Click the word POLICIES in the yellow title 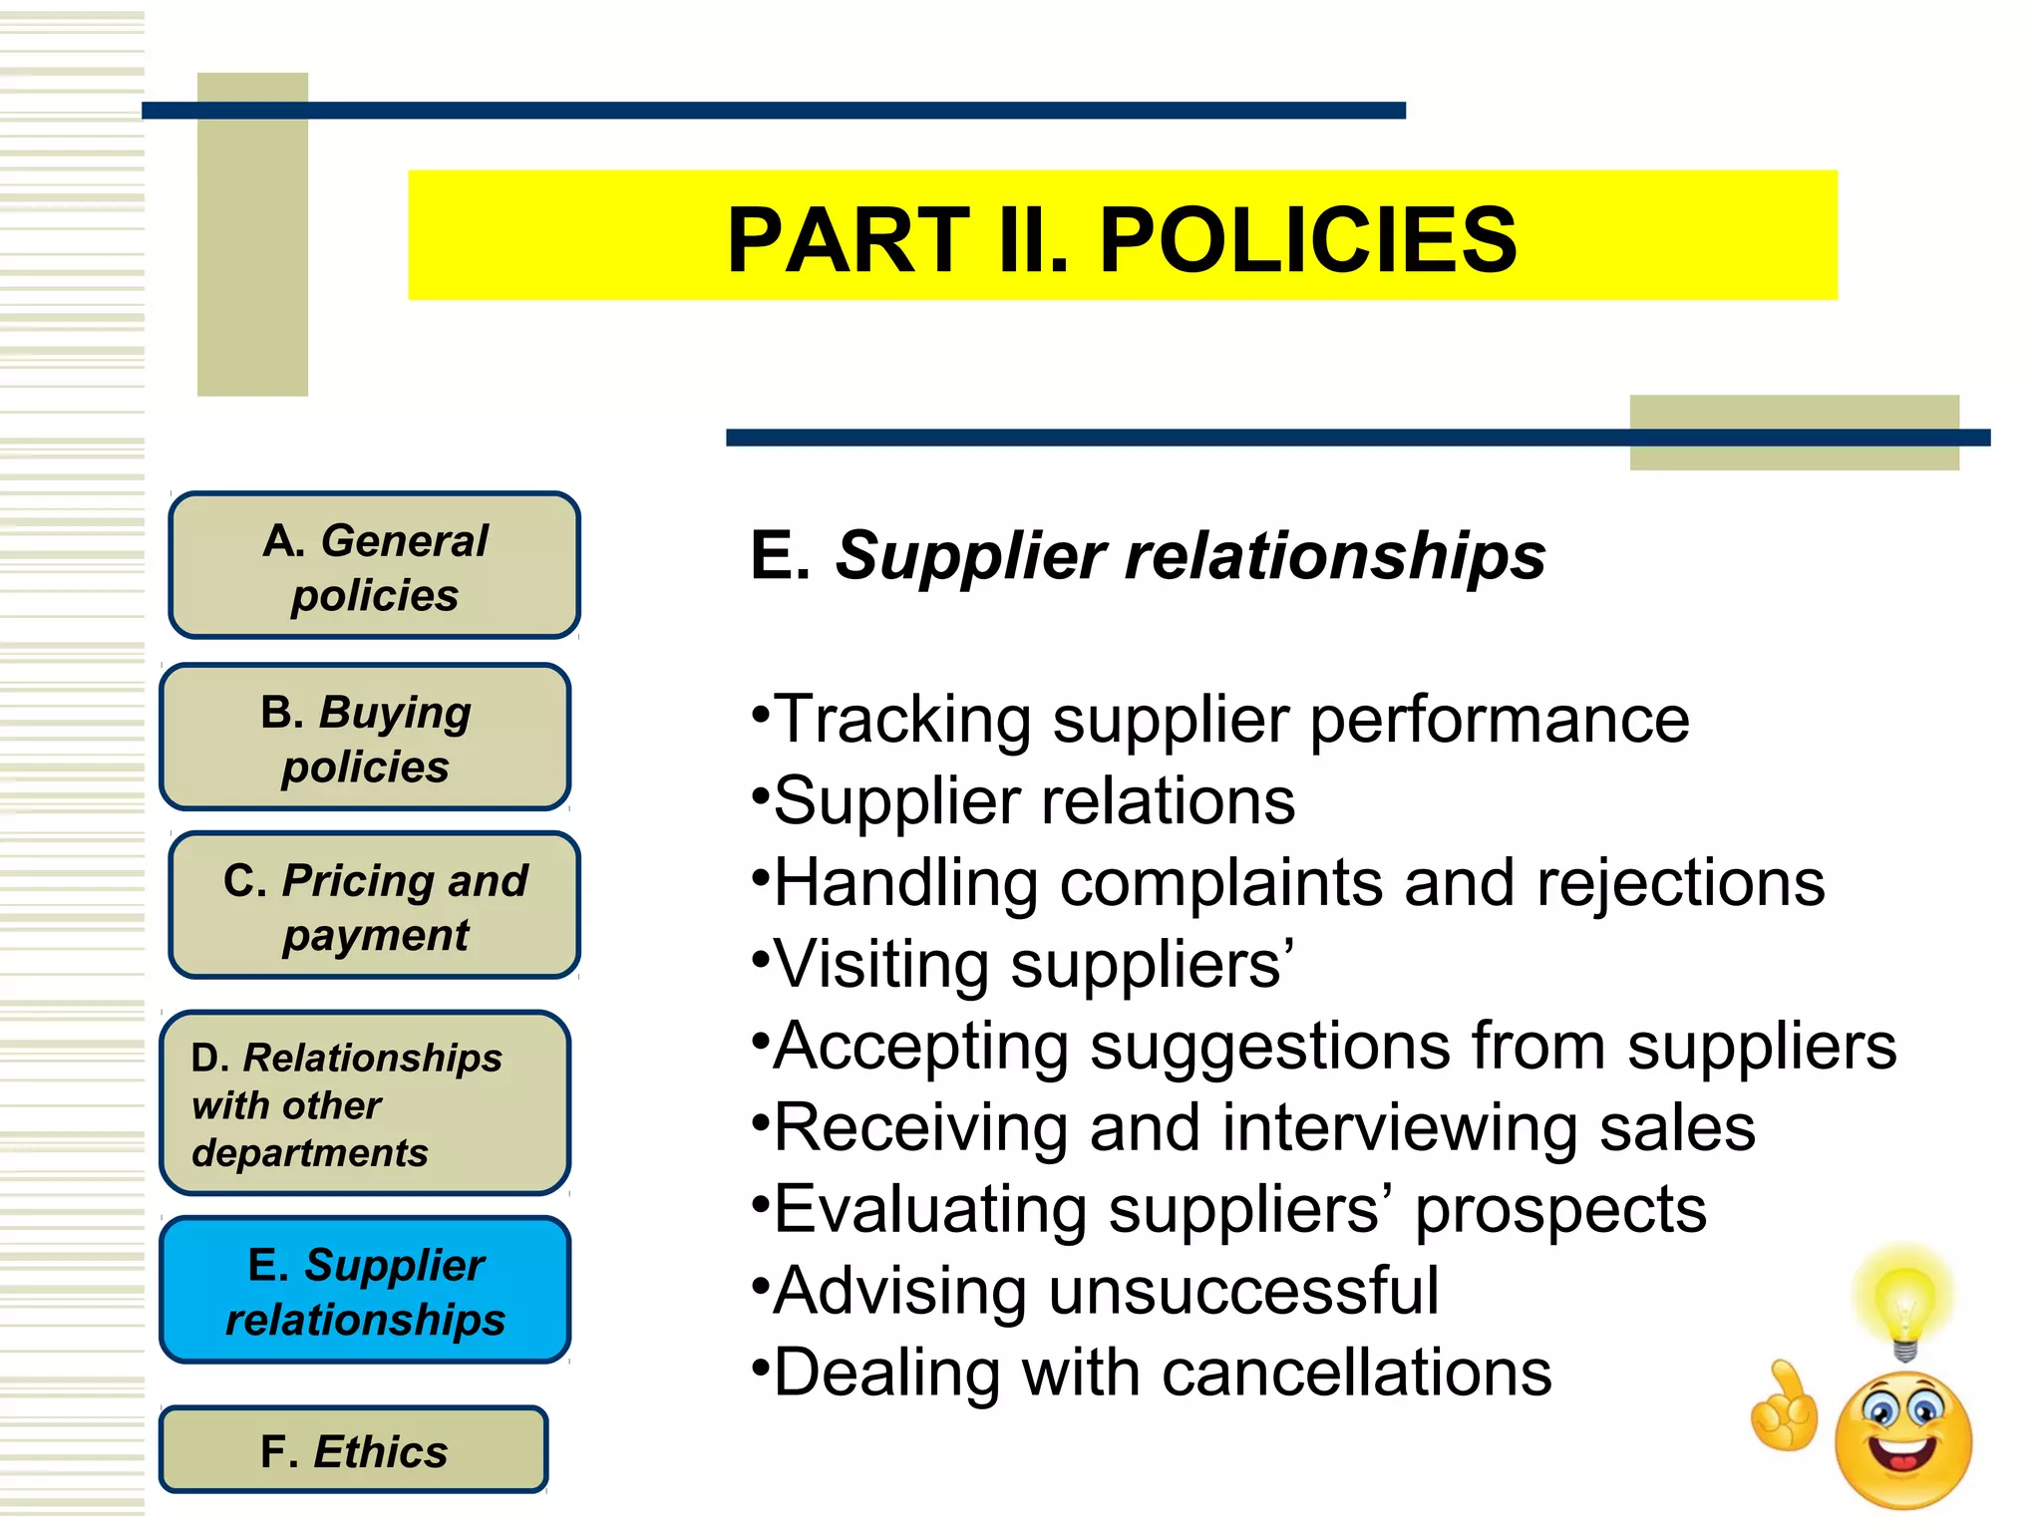1307,240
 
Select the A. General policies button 374,566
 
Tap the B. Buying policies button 365,738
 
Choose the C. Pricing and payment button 374,906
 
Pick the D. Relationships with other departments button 365,1103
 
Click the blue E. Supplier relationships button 365,1291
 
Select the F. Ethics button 353,1450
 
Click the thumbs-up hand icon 1785,1407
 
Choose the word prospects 1560,1210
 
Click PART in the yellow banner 849,240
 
